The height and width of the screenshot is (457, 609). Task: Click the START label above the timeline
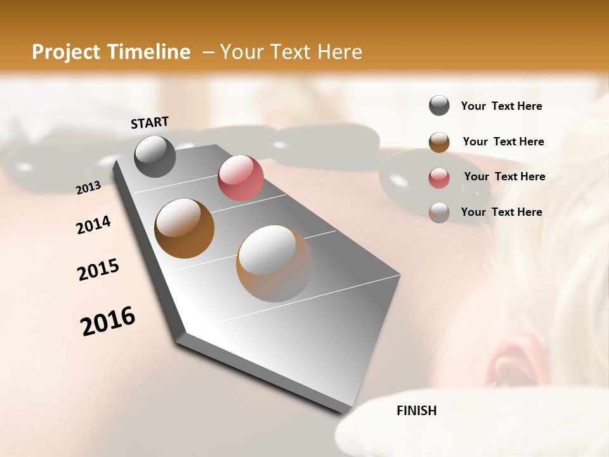point(150,123)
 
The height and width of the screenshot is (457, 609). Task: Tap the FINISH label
point(416,411)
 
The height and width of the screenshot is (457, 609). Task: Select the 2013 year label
point(88,188)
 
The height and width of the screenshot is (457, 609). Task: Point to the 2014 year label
point(93,225)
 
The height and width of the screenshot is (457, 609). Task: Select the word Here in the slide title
point(339,52)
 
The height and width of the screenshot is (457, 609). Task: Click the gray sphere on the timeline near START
point(155,156)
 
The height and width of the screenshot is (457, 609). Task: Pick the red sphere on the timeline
point(240,178)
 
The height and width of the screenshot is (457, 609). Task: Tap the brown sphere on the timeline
point(184,228)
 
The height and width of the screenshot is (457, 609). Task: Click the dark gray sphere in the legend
point(439,106)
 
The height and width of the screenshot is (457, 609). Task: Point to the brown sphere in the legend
point(439,142)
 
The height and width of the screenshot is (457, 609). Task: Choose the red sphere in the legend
point(439,178)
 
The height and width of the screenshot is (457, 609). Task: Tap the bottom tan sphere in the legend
point(439,213)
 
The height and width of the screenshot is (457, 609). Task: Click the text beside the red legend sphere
point(504,176)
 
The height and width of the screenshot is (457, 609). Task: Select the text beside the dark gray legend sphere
point(501,106)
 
